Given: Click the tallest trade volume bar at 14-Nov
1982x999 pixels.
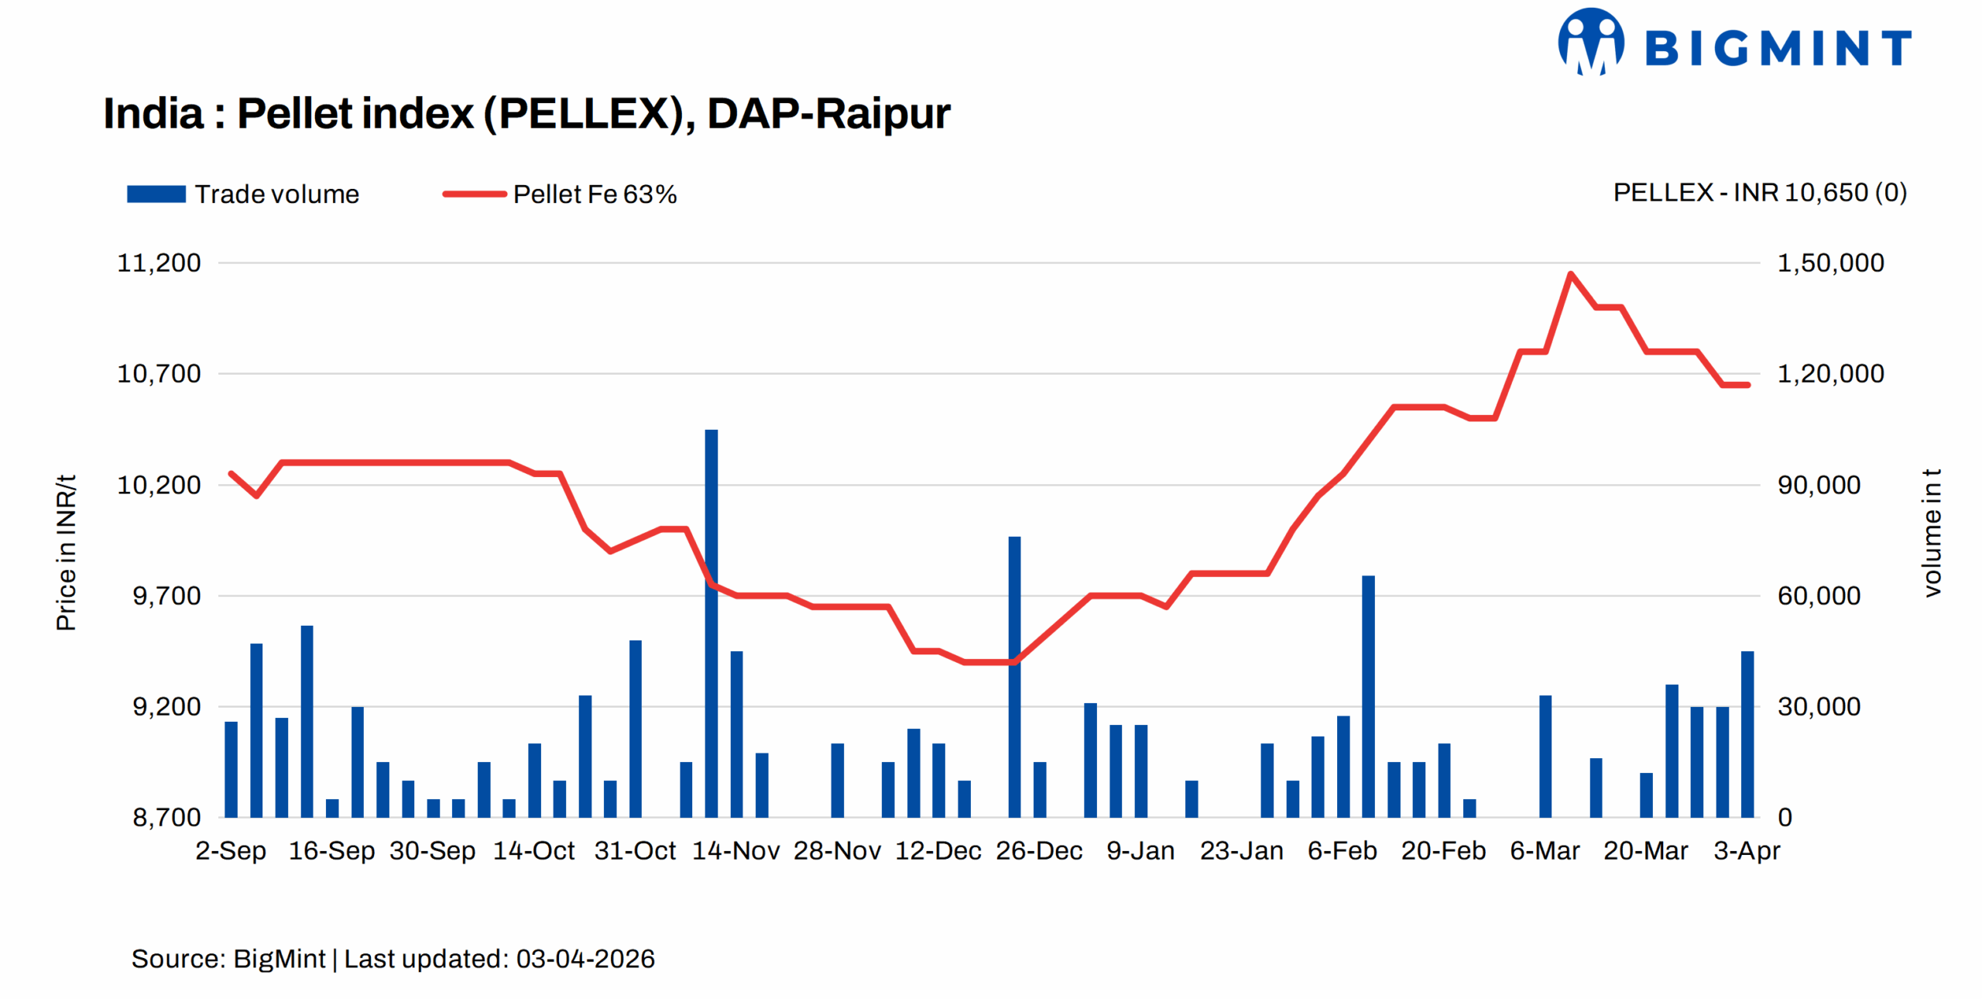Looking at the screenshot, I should (x=711, y=620).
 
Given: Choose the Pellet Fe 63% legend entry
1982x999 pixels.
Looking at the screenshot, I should (x=560, y=194).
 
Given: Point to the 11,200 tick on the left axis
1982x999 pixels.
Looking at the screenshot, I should (x=159, y=263).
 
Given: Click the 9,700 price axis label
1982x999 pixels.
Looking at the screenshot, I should (x=166, y=596).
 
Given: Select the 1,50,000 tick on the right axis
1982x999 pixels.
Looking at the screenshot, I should (x=1830, y=263).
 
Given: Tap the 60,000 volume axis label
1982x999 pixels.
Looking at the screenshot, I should (x=1819, y=596).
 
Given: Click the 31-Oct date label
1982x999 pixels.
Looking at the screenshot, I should (x=635, y=850).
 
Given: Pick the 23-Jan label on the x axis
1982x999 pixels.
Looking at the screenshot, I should (x=1241, y=850).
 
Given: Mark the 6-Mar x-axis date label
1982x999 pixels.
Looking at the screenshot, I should (x=1545, y=850).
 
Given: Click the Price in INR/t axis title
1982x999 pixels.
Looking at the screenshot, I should (x=67, y=552).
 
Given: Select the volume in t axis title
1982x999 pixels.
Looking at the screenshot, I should (x=1932, y=533).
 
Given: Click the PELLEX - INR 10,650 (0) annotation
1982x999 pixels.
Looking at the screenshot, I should (x=1759, y=192).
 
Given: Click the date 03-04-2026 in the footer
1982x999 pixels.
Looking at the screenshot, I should (x=585, y=959).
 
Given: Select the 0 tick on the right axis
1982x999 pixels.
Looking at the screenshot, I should (x=1785, y=817).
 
